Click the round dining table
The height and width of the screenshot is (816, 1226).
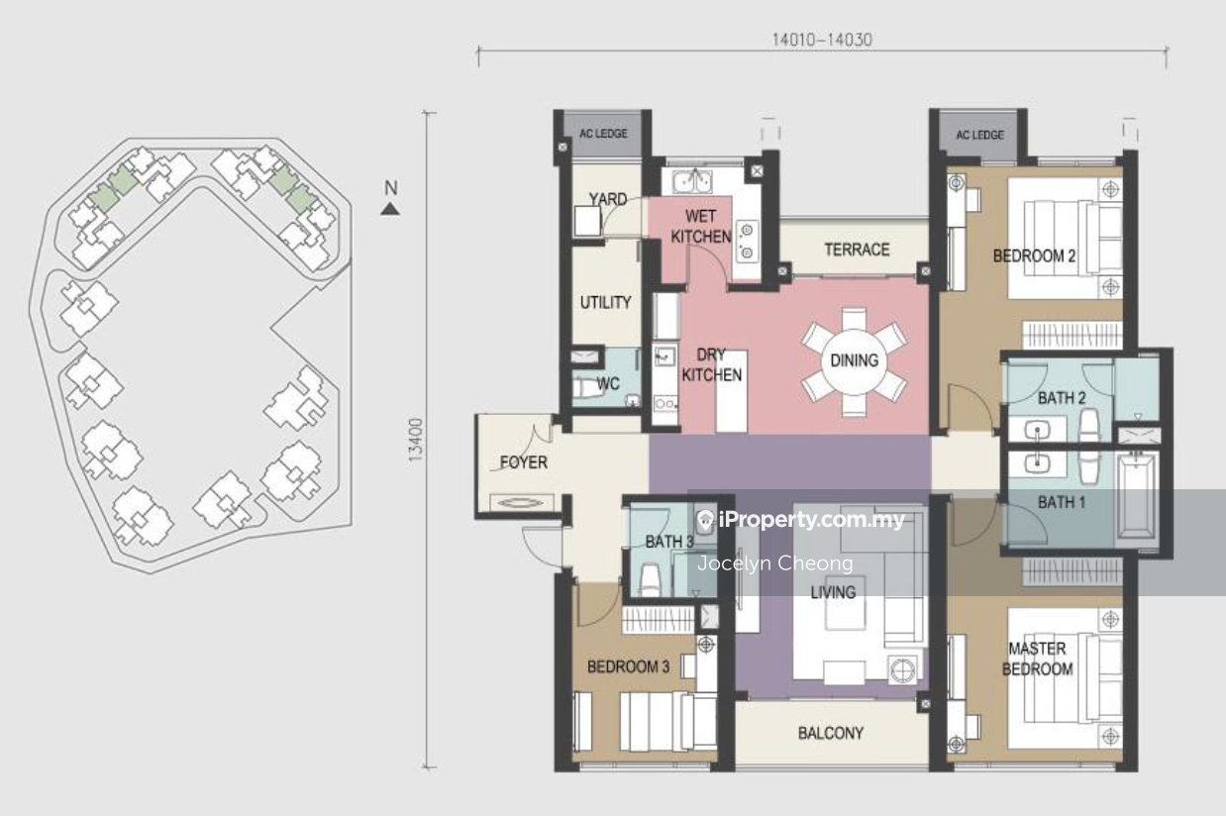(854, 361)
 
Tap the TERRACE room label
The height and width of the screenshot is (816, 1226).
(857, 250)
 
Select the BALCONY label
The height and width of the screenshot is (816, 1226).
(830, 733)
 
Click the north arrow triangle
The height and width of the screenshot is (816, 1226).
(390, 209)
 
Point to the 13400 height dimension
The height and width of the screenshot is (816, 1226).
(416, 440)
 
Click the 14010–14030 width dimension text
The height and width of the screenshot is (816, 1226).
(822, 40)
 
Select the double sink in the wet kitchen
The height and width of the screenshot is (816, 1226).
(692, 181)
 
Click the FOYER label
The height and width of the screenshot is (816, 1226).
(523, 462)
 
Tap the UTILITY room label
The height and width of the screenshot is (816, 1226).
(605, 302)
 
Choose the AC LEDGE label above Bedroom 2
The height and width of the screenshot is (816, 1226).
(979, 135)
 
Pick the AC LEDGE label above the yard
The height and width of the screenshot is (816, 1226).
(603, 134)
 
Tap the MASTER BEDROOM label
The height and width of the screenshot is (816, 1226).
(1037, 659)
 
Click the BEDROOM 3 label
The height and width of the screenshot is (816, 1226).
(628, 666)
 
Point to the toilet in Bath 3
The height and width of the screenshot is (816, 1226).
(649, 580)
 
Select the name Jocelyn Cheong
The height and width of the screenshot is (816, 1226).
(775, 563)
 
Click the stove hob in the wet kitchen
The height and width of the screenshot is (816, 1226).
(747, 242)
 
